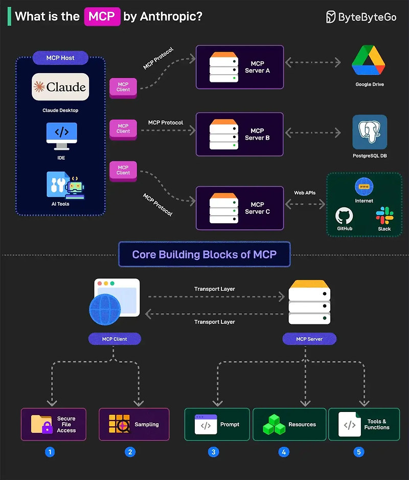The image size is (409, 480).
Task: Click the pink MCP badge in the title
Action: (102, 16)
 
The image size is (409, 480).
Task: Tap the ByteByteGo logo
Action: (361, 17)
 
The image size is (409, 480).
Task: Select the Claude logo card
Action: (60, 87)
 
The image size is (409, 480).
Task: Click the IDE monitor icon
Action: (61, 135)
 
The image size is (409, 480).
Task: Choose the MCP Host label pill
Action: (60, 58)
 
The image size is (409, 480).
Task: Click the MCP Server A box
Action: (240, 67)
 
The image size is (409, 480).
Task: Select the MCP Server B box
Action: (240, 134)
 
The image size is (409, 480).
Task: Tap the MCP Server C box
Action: (240, 208)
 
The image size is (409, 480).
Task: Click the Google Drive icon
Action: (369, 60)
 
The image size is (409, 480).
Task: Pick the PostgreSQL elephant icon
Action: (369, 132)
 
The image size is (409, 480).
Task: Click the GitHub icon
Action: (344, 215)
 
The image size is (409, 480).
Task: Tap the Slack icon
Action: (384, 214)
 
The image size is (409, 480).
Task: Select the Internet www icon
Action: (364, 187)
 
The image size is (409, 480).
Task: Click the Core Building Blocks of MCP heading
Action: (204, 254)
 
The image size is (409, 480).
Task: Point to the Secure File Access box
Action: (54, 424)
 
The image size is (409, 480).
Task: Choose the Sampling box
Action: (134, 424)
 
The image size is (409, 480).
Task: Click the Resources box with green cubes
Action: (289, 424)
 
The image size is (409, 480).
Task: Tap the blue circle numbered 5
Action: (358, 452)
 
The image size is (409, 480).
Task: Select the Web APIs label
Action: (305, 193)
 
